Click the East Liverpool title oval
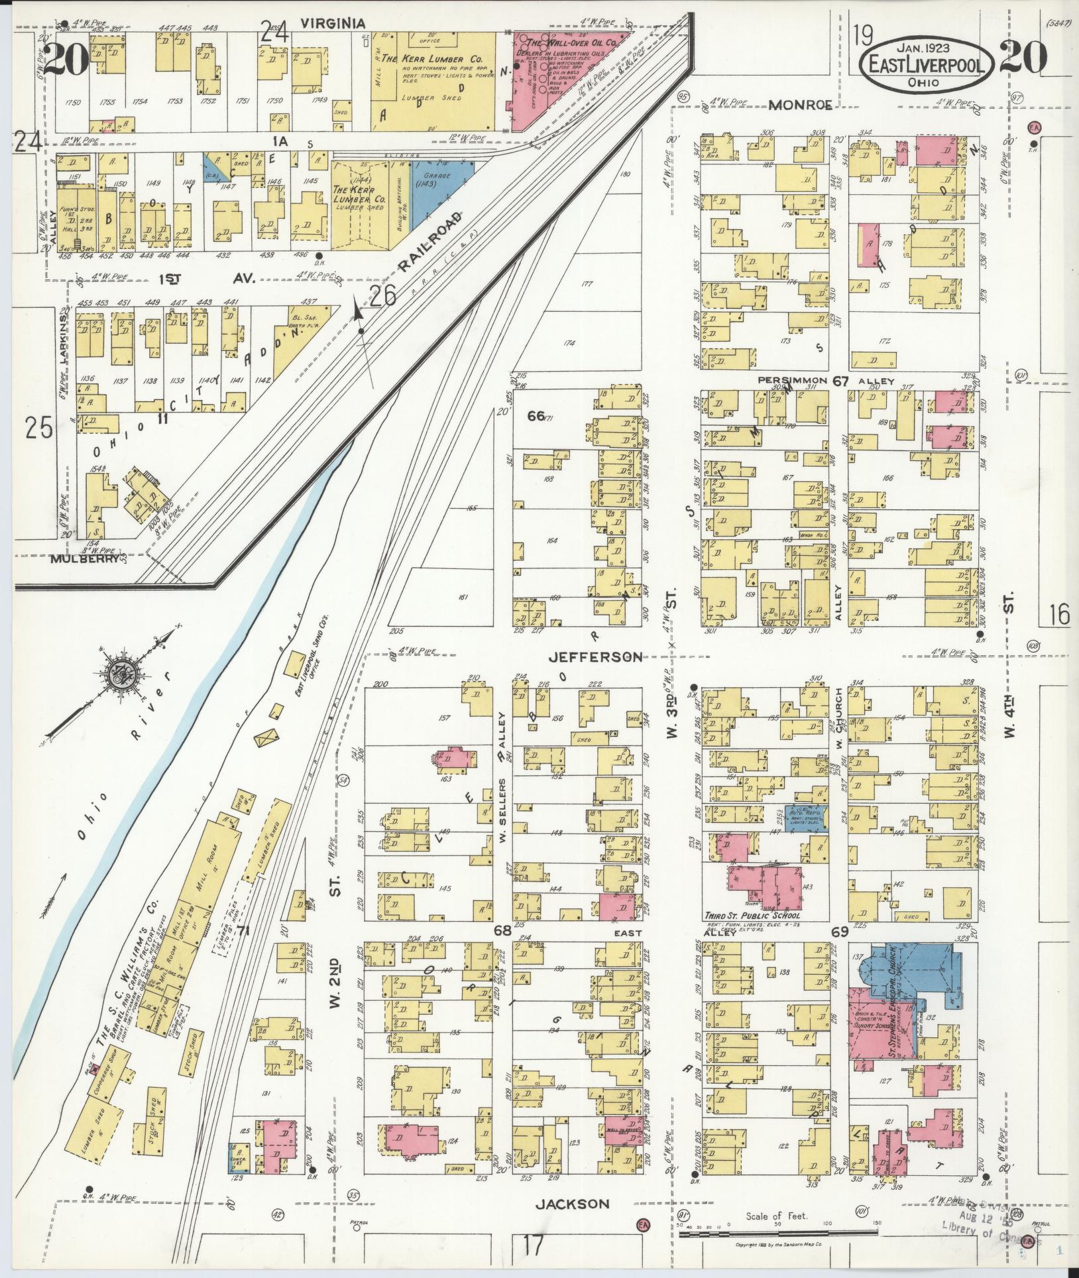pyautogui.click(x=927, y=64)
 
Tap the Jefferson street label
pyautogui.click(x=596, y=657)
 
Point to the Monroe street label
pyautogui.click(x=801, y=104)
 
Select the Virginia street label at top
pyautogui.click(x=333, y=23)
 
